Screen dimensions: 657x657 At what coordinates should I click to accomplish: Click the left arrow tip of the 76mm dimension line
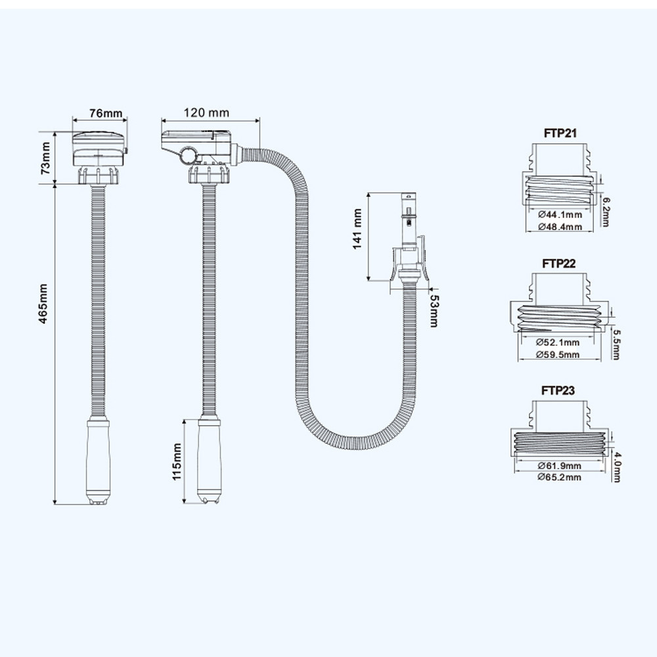tap(73, 120)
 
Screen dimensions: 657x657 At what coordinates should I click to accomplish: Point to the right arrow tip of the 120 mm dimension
tap(260, 121)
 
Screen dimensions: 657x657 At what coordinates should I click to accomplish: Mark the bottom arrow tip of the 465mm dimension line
tap(55, 504)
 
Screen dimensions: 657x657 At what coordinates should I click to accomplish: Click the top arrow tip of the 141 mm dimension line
tap(369, 193)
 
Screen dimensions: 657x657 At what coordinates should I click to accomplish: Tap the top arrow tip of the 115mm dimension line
tap(184, 419)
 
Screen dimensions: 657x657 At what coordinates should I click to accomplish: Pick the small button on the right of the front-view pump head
tap(125, 150)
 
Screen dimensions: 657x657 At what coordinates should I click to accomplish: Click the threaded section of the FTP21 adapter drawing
tap(559, 189)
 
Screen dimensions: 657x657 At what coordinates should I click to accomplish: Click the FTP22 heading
tap(559, 263)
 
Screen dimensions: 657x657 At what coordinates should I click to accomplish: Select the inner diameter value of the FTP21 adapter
tap(560, 215)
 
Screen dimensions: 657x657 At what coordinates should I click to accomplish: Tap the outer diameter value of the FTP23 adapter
tap(559, 477)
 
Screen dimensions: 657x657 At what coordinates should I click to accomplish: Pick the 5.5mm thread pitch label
tap(616, 344)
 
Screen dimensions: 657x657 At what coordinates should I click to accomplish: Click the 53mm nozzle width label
tap(434, 311)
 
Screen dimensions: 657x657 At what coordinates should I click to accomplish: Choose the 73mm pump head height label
tap(45, 158)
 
